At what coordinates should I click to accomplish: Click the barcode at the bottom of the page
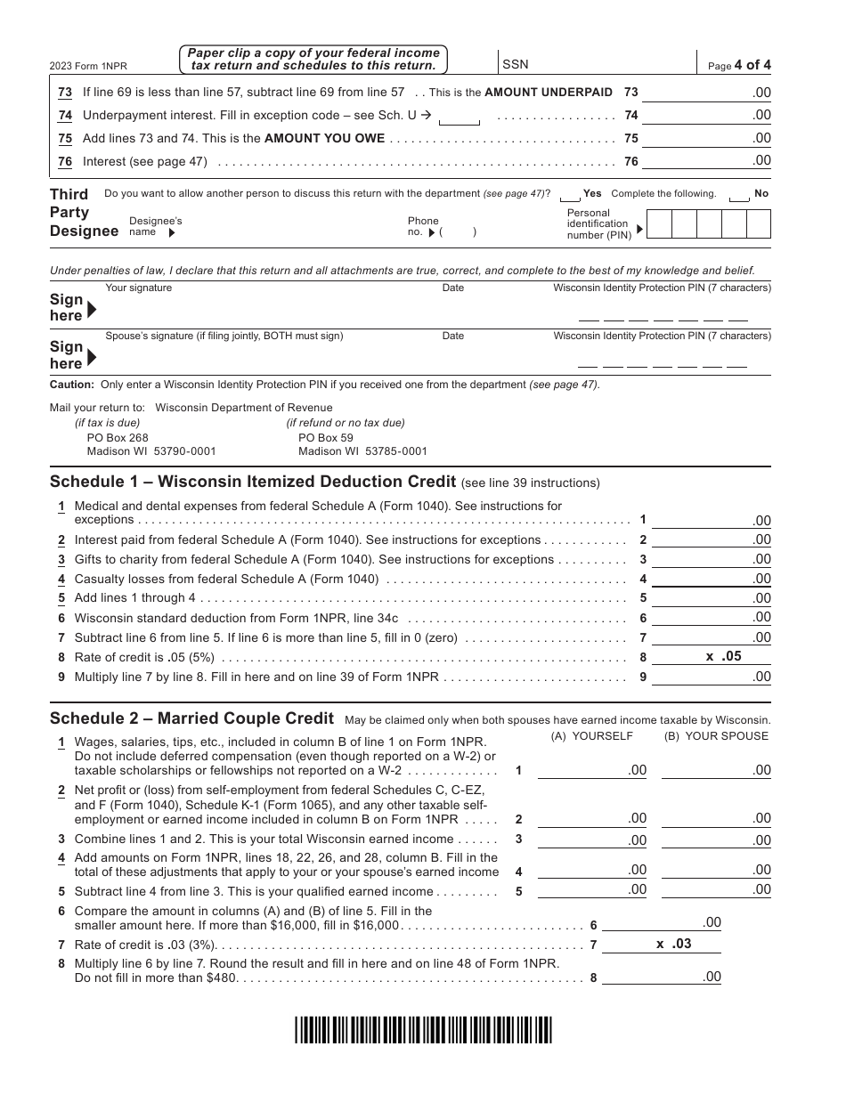(423, 1029)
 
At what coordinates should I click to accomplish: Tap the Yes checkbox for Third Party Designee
(570, 195)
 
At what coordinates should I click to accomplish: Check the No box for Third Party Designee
(738, 195)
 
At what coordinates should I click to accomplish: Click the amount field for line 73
(705, 93)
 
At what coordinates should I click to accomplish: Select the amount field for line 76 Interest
(705, 161)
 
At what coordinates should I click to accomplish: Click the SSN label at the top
(515, 64)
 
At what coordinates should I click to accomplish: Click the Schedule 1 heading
(253, 482)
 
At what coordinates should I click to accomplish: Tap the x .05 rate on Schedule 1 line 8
(723, 656)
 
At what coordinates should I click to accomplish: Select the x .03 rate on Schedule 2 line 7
(673, 944)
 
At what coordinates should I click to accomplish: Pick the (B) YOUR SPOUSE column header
(716, 736)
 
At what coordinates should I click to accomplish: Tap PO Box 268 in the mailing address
(118, 438)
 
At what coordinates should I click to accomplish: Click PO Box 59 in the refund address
(326, 438)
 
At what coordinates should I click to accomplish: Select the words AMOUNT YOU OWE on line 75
(325, 138)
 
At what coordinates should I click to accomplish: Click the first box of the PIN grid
(658, 224)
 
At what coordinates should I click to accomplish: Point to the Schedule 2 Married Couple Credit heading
(191, 718)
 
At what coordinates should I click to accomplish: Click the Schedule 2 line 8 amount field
(661, 977)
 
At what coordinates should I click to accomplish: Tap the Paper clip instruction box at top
(313, 60)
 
